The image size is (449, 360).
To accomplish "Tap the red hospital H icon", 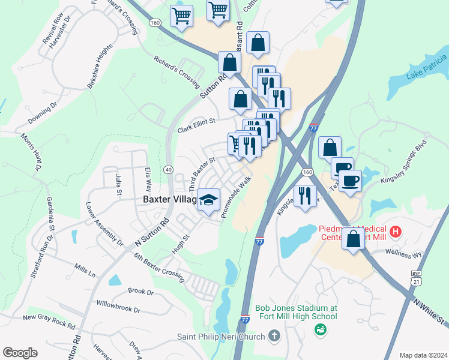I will pos(395,231).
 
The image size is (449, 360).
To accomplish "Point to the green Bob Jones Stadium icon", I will pos(321,329).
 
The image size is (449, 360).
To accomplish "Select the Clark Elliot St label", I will pos(196,125).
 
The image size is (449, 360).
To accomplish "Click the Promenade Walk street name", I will pos(236,196).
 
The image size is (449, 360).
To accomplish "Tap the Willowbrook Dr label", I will pos(118,308).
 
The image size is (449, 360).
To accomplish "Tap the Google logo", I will pos(20,353).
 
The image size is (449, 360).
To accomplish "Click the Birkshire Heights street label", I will pos(100,67).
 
